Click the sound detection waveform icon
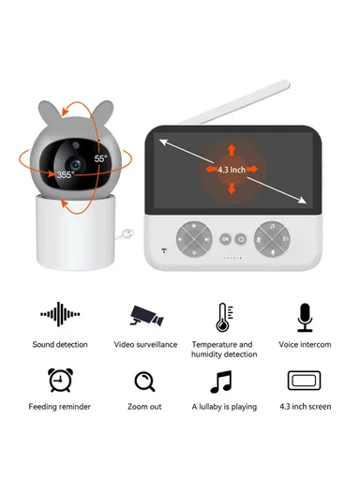tap(60, 316)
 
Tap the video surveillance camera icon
tap(145, 316)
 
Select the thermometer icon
tap(222, 316)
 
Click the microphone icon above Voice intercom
tap(305, 317)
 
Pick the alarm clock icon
tap(60, 381)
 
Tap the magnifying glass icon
tap(144, 382)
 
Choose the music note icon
tap(221, 382)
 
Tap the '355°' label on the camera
tap(66, 174)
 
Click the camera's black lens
tap(73, 156)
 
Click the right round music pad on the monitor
tap(272, 238)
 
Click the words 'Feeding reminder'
tap(60, 407)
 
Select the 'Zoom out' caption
tap(144, 407)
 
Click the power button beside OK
tap(241, 238)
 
